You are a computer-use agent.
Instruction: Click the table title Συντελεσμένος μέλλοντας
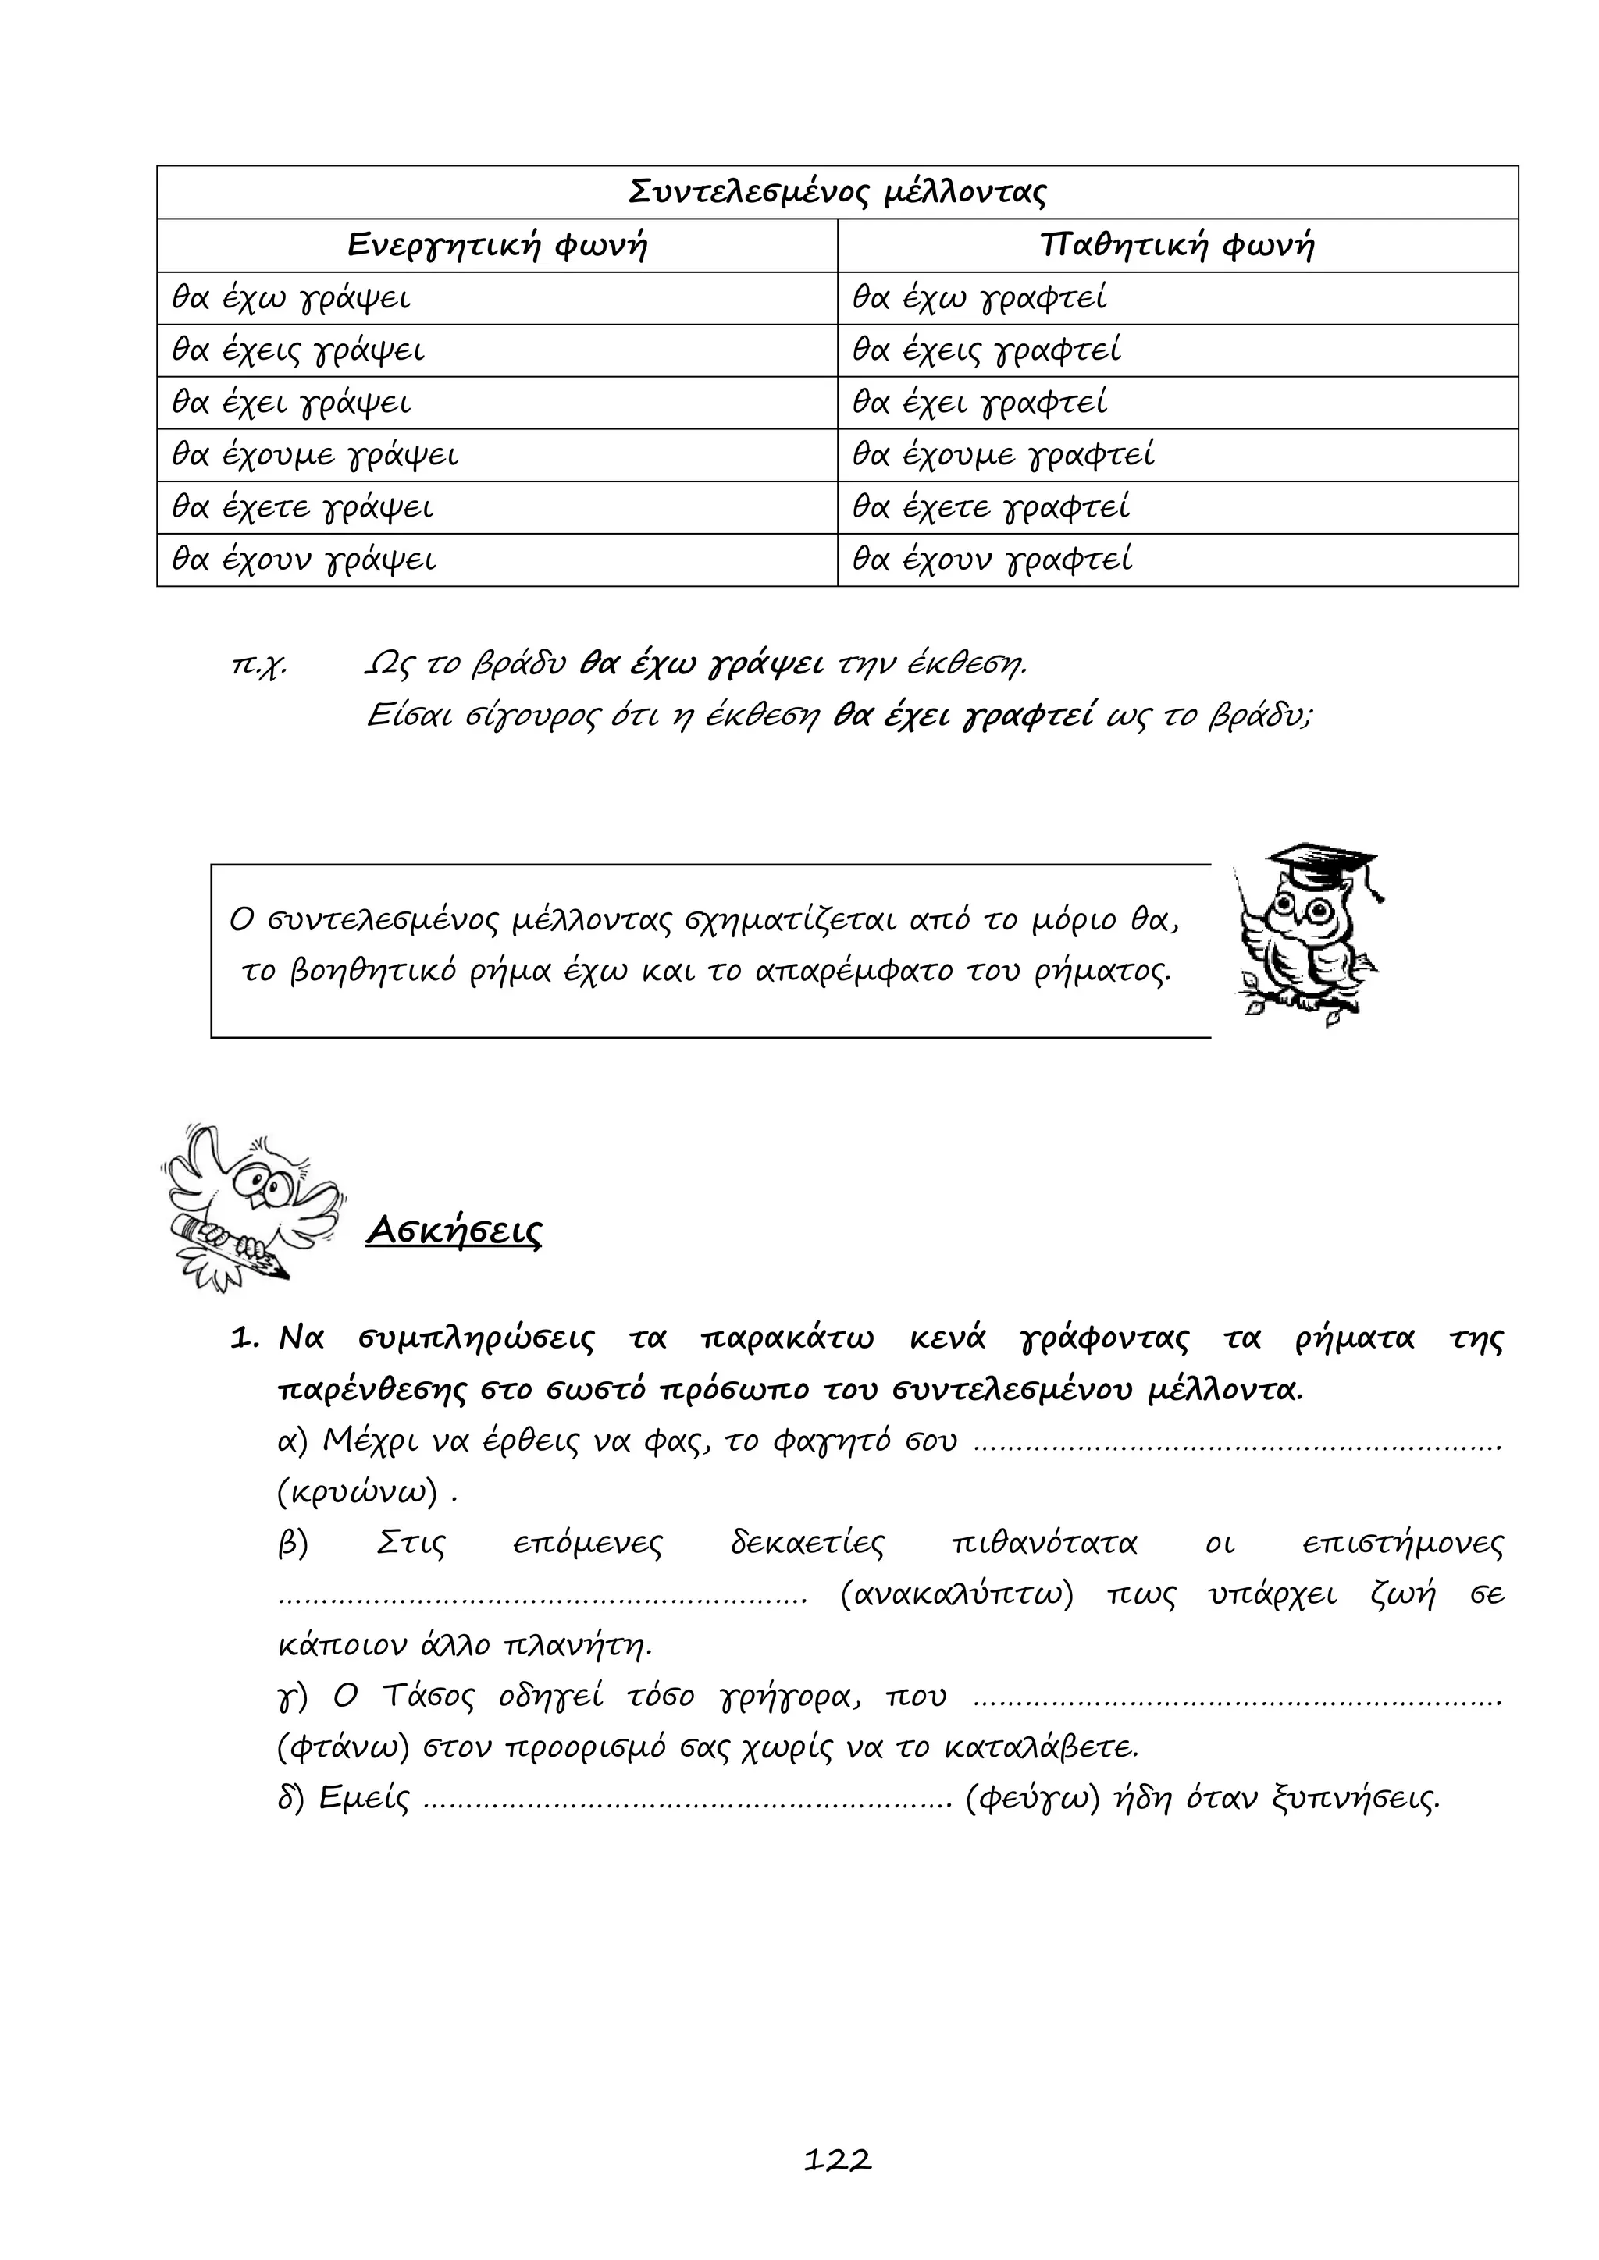click(837, 192)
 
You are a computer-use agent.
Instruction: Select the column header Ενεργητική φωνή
click(497, 245)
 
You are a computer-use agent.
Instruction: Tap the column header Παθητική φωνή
click(1177, 245)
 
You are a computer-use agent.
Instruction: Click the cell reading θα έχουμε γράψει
click(315, 456)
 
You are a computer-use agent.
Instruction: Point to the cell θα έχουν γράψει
click(303, 560)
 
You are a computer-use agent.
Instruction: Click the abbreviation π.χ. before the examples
click(258, 666)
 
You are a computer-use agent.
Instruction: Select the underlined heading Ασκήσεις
click(454, 1231)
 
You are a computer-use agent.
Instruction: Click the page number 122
click(837, 2161)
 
